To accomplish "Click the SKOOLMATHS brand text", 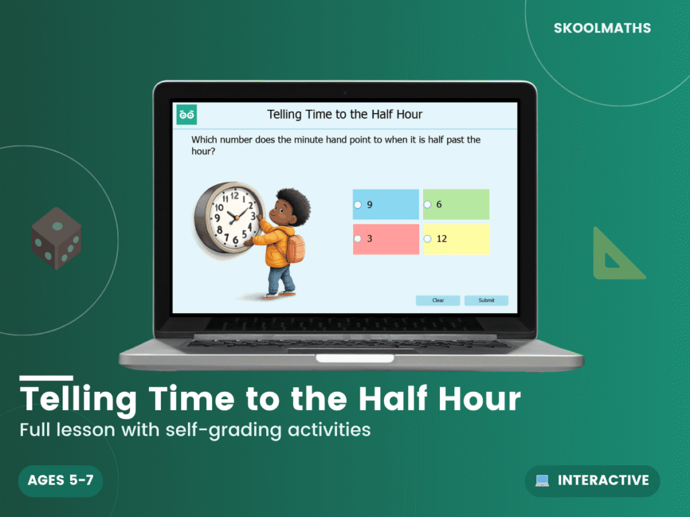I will pyautogui.click(x=602, y=28).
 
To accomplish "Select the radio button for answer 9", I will pyautogui.click(x=358, y=205).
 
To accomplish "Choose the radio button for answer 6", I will pyautogui.click(x=427, y=205).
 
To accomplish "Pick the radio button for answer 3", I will pyautogui.click(x=358, y=238).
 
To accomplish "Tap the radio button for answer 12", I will pyautogui.click(x=427, y=238).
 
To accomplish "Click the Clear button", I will pyautogui.click(x=438, y=300).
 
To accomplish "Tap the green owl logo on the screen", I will pyautogui.click(x=187, y=114).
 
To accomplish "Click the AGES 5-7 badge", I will pyautogui.click(x=61, y=481).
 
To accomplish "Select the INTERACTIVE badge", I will pyautogui.click(x=592, y=481).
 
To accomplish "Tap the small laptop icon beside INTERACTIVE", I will pyautogui.click(x=542, y=481).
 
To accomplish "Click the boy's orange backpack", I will pyautogui.click(x=294, y=248).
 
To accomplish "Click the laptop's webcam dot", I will pyautogui.click(x=345, y=92).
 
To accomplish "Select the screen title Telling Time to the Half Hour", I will pyautogui.click(x=345, y=114).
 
